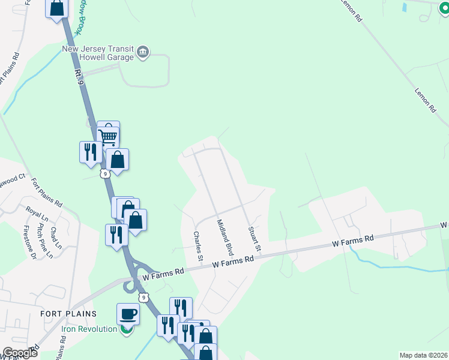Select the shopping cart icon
coord(108,136)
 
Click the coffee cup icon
coord(128,314)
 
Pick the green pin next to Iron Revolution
coord(126,329)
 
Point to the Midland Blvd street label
coord(224,238)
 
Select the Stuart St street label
coord(255,239)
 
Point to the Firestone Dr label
coord(29,240)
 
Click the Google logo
coord(20,353)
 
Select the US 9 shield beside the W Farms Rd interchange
coord(143,298)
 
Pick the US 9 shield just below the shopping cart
coord(105,174)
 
